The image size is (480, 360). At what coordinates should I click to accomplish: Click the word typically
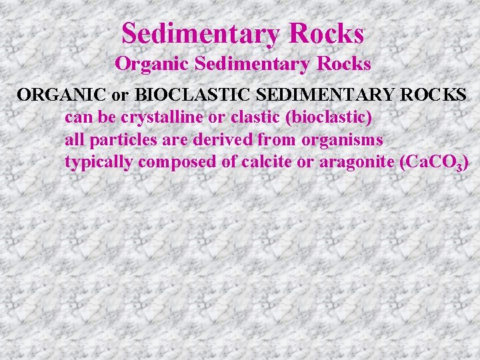click(x=97, y=163)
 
